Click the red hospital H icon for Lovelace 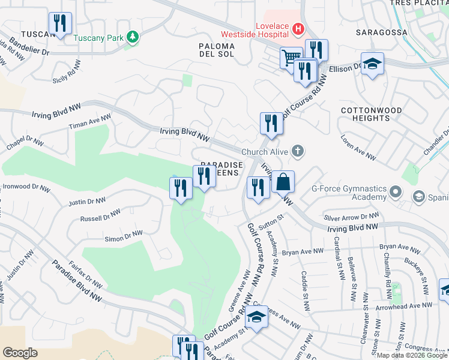[x=298, y=28]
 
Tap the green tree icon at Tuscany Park [x=133, y=38]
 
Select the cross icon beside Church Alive [x=297, y=152]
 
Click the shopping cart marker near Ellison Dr [x=291, y=58]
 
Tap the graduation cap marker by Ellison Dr [x=372, y=64]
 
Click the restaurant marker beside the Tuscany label [x=60, y=23]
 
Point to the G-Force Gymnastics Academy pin [x=396, y=193]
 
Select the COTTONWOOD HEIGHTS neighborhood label [x=366, y=114]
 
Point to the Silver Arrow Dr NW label [x=351, y=217]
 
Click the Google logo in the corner [x=20, y=352]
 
